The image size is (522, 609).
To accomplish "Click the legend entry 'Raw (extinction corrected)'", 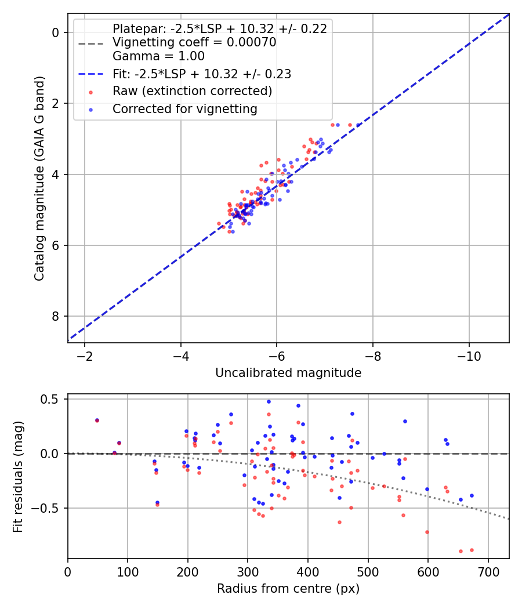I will pyautogui.click(x=192, y=91).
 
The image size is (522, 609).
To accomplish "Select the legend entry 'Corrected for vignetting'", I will pyautogui.click(x=184, y=108).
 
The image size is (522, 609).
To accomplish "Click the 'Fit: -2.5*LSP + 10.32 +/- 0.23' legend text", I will pyautogui.click(x=201, y=74).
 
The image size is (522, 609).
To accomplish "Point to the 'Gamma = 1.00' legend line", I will pyautogui.click(x=158, y=56).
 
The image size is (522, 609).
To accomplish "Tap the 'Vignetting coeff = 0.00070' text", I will pyautogui.click(x=194, y=42).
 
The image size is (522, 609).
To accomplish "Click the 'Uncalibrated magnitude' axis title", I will pyautogui.click(x=288, y=373).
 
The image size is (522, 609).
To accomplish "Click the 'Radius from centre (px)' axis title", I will pyautogui.click(x=288, y=589).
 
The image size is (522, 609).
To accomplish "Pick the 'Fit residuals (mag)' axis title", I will pyautogui.click(x=18, y=477).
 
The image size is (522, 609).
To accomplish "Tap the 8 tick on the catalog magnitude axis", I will pyautogui.click(x=56, y=316).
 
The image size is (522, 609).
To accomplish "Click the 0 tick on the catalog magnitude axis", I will pyautogui.click(x=56, y=32).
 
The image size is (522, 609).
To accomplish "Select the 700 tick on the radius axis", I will pyautogui.click(x=488, y=572).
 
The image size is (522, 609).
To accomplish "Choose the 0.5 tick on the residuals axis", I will pyautogui.click(x=51, y=399).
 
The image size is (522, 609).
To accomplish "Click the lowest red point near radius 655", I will pyautogui.click(x=461, y=551).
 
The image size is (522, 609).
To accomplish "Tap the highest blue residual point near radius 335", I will pyautogui.click(x=269, y=401).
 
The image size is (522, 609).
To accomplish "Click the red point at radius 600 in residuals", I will pyautogui.click(x=427, y=532).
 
